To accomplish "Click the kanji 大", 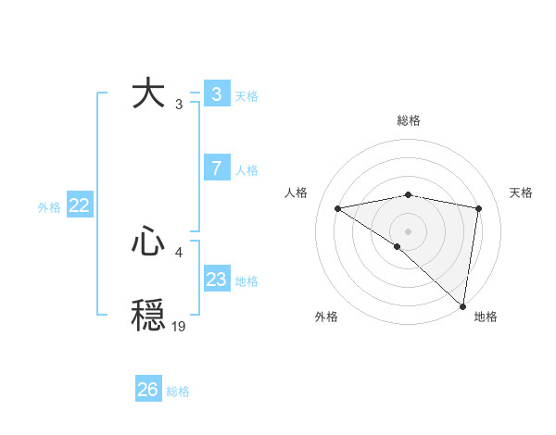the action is [x=148, y=93].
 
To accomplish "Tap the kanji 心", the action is [x=148, y=242].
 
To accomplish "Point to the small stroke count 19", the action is [x=179, y=326].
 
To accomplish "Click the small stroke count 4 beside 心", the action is [x=179, y=252].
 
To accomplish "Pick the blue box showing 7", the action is [x=216, y=168].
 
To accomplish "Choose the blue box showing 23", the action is [x=216, y=280].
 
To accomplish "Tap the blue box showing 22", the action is [x=79, y=206].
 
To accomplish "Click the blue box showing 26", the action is [x=147, y=390].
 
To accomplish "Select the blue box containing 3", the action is [x=216, y=94].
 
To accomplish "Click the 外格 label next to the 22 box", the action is [x=49, y=207].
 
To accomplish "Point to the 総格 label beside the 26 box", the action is [x=178, y=391].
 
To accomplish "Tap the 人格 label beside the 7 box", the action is [x=246, y=170].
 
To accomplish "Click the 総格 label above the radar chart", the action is [x=408, y=120].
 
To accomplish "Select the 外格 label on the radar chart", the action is [x=326, y=317].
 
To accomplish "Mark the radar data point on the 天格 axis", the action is [x=479, y=208].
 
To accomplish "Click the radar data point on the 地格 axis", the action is [x=462, y=306].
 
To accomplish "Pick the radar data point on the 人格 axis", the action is [x=337, y=208].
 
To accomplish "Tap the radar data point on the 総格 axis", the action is [x=408, y=194].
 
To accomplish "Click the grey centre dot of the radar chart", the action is [x=408, y=230].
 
